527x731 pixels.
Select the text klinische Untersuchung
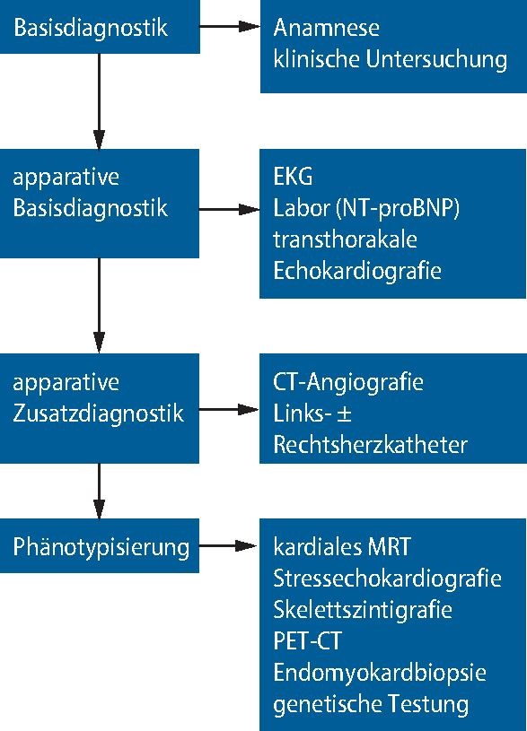[391, 60]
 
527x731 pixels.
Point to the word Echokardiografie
[357, 271]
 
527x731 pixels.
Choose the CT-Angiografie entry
[348, 382]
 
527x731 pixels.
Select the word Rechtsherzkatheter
[370, 445]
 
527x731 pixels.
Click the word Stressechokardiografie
[387, 579]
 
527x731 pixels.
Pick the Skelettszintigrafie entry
[362, 610]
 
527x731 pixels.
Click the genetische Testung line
[371, 704]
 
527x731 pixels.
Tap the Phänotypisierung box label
[101, 546]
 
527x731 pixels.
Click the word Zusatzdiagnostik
[99, 413]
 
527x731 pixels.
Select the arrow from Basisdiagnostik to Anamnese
[229, 28]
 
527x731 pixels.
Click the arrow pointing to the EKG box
[229, 209]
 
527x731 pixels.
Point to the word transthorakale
[346, 239]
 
